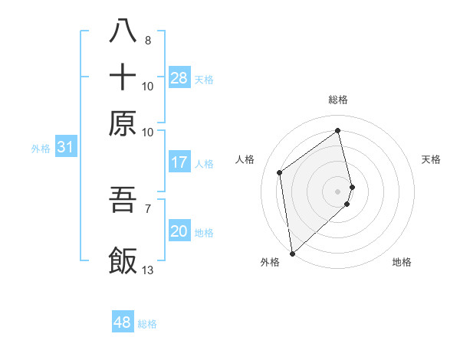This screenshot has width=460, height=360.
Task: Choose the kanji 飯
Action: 123,260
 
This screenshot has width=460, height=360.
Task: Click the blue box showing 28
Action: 179,77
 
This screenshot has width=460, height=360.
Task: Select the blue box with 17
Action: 179,162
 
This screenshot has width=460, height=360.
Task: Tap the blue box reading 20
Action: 179,231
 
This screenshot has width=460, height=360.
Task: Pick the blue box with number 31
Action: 65,148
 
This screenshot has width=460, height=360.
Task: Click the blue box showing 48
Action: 123,322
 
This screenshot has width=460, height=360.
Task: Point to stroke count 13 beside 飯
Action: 148,269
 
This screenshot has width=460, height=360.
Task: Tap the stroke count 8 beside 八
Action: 147,40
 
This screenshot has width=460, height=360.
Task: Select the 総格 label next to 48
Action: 148,324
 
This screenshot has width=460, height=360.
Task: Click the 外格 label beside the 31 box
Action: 40,149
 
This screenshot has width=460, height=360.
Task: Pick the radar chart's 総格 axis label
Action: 338,100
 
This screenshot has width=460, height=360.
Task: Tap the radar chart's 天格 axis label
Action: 431,159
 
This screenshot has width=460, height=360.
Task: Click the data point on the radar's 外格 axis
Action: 292,253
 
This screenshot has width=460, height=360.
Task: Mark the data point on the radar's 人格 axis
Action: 280,172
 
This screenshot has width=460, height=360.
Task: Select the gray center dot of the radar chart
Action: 338,191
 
